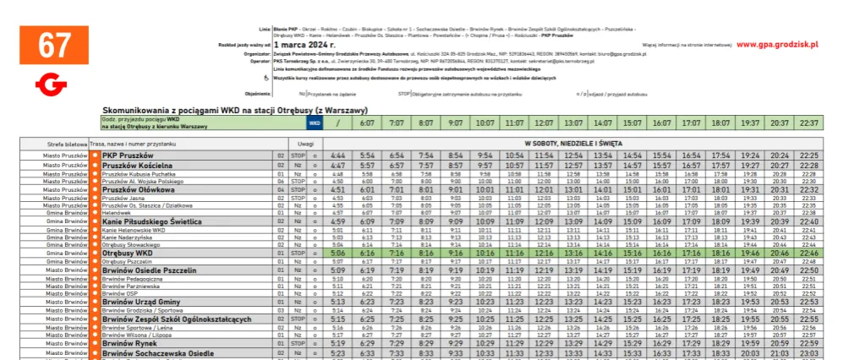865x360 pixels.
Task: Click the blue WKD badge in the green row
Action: click(x=315, y=123)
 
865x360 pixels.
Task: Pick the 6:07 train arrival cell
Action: click(x=367, y=123)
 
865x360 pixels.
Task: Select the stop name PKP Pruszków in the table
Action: click(x=127, y=155)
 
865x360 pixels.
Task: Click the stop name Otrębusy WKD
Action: click(x=127, y=253)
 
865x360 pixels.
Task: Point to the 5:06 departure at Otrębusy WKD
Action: click(x=338, y=253)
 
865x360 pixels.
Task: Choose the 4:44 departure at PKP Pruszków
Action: click(x=338, y=155)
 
